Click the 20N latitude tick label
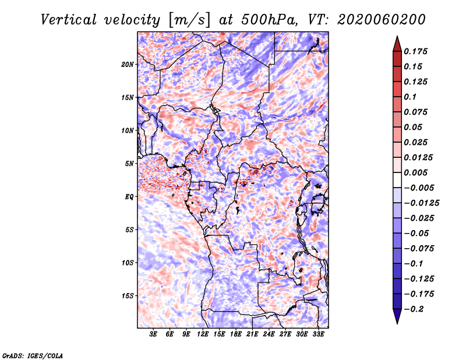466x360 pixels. [128, 64]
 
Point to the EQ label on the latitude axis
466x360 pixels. [129, 197]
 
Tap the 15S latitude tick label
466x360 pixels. [128, 296]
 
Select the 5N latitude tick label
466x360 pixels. [129, 164]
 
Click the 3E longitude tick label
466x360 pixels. [153, 334]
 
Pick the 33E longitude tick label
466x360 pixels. [318, 334]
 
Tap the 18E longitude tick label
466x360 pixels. [236, 334]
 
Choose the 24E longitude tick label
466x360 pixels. [269, 334]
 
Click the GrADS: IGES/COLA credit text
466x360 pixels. [32, 355]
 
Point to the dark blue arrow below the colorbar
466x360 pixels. [397, 316]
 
